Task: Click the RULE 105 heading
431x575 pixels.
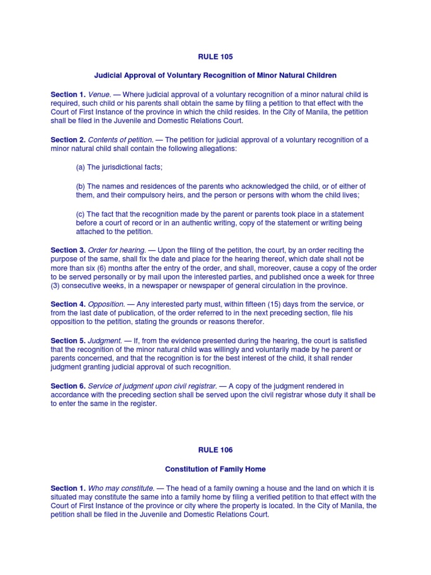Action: (215, 57)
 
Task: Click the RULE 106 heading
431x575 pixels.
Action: (215, 450)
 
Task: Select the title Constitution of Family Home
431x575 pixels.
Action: (215, 468)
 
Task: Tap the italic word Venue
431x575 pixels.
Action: (99, 94)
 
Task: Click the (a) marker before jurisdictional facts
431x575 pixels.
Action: (80, 167)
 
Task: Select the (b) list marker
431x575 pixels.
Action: (80, 186)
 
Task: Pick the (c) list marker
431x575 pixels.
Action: (80, 213)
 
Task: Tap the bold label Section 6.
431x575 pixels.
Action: (68, 386)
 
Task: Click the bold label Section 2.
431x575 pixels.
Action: (68, 140)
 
